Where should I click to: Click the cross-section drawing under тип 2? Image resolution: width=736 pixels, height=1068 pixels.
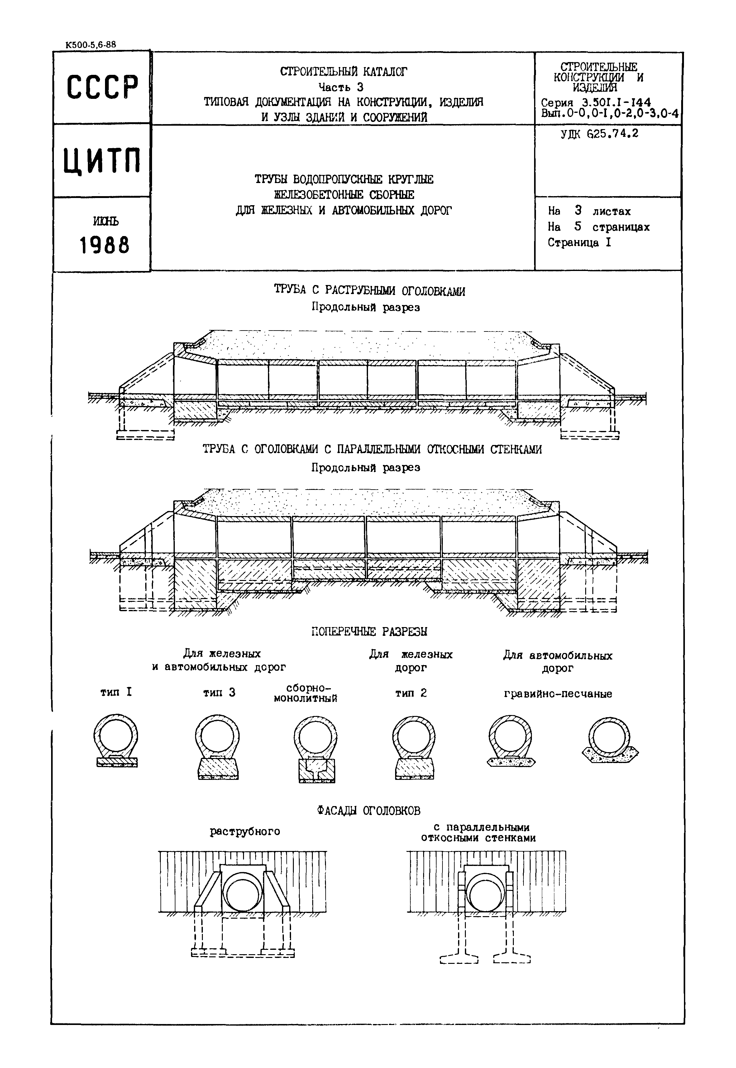[x=414, y=747]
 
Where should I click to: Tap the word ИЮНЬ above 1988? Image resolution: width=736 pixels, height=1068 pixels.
[x=106, y=221]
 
